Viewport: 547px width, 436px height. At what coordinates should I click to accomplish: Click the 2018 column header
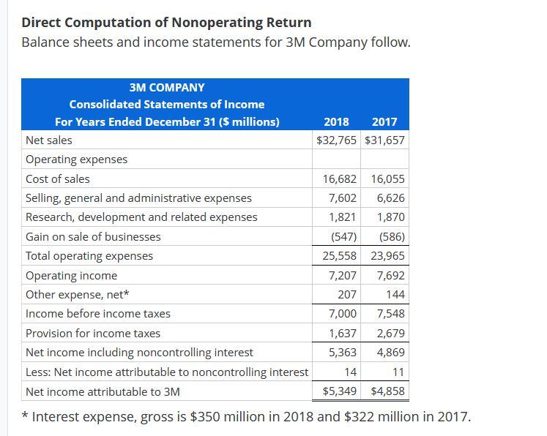tap(336, 122)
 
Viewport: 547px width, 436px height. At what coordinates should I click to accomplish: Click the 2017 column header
tap(384, 122)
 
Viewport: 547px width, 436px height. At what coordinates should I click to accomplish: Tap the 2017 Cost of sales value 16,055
tap(387, 178)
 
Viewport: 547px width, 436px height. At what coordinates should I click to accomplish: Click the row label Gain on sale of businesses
tap(93, 236)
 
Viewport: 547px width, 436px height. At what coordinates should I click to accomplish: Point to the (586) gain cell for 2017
tap(392, 236)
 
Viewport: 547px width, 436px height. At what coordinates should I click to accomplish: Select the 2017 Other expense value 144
tap(395, 295)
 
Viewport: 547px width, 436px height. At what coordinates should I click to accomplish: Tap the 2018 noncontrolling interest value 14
tap(350, 372)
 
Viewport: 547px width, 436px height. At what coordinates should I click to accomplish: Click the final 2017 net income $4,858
tap(387, 391)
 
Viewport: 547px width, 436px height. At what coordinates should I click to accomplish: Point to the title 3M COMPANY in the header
tap(167, 87)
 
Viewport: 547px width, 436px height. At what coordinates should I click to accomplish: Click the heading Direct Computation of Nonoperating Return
tap(166, 22)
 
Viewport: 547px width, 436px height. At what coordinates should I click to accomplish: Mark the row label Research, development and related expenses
tap(141, 217)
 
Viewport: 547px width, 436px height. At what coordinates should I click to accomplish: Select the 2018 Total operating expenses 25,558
tap(340, 256)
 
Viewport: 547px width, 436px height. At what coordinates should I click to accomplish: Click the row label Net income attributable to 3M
tap(103, 391)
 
